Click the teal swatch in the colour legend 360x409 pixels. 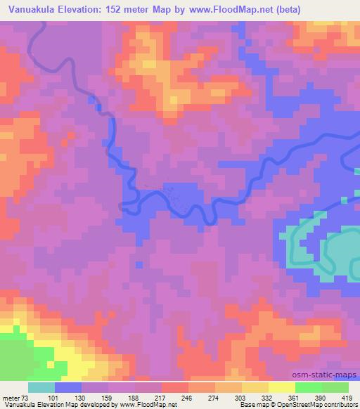pyautogui.click(x=41, y=387)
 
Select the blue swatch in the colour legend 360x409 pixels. pyautogui.click(x=68, y=387)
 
